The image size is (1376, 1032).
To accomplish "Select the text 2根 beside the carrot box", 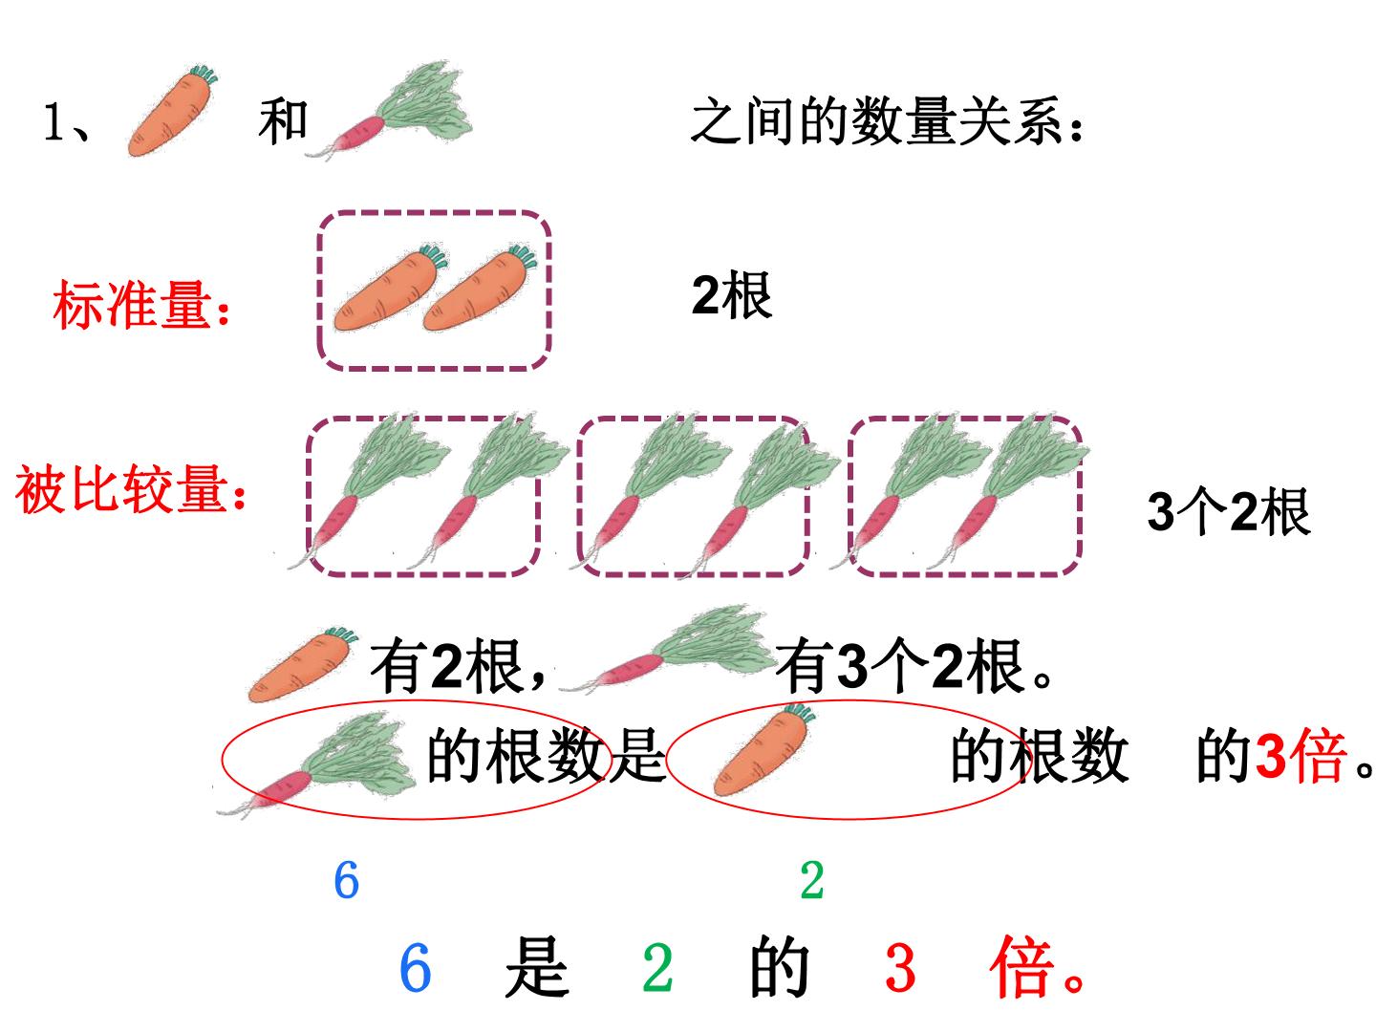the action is [x=732, y=295].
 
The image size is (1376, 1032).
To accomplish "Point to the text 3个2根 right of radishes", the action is [x=1228, y=511].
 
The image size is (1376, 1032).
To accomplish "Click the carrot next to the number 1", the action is [x=172, y=110].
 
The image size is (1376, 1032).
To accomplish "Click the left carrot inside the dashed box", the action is [x=391, y=288].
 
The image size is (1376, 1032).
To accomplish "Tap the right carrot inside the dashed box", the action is [x=481, y=288].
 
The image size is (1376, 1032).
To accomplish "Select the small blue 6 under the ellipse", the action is [x=347, y=880].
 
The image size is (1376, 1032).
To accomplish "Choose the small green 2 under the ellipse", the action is [x=812, y=880].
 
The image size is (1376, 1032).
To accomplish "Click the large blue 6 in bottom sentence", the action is [x=415, y=968].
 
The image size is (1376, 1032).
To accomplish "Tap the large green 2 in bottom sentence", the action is [x=657, y=968].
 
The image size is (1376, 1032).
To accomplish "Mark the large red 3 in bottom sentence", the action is [x=900, y=968].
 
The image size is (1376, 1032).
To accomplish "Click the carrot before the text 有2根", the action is [x=303, y=664].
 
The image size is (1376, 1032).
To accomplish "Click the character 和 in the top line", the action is [x=284, y=121].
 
